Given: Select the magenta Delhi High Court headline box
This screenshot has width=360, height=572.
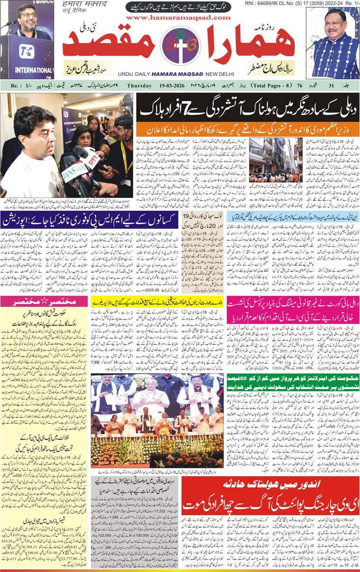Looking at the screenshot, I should coord(293,310).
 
